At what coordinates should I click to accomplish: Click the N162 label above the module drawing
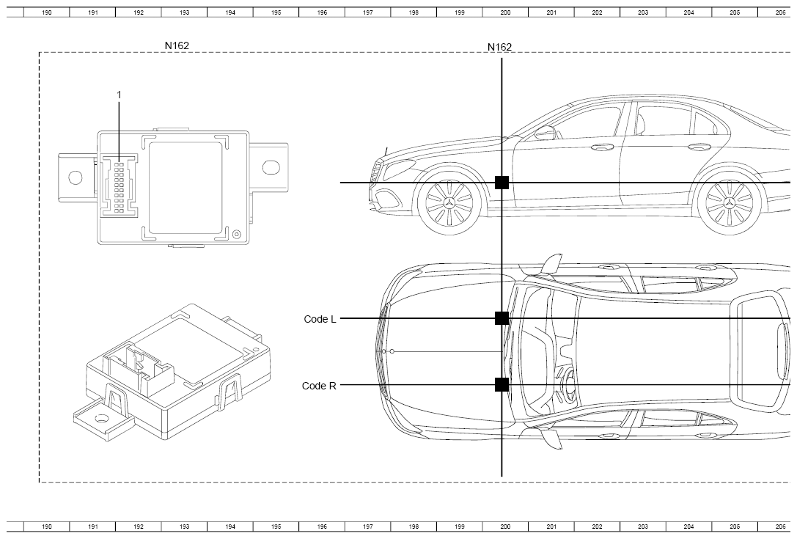[x=177, y=45]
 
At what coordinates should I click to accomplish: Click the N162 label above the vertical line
[x=499, y=47]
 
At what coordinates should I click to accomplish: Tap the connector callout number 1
[x=120, y=95]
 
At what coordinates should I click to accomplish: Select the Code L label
[x=320, y=319]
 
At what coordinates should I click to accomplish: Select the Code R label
[x=319, y=386]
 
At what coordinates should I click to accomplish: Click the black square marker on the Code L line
[x=502, y=318]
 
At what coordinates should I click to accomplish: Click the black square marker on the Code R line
[x=502, y=385]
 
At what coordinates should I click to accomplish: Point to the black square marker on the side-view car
[x=502, y=182]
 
